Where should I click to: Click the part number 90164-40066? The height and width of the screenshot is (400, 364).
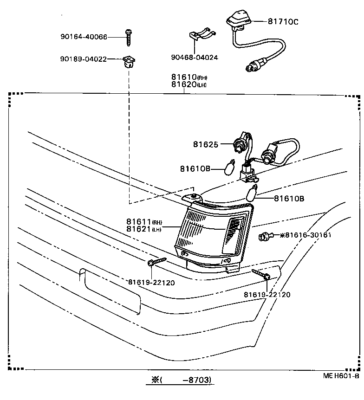tap(84, 37)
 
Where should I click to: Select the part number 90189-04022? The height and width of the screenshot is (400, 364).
tap(84, 59)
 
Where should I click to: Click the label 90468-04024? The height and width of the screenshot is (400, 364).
tap(194, 58)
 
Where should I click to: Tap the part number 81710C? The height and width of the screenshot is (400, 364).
tap(283, 21)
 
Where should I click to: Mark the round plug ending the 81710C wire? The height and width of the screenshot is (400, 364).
tap(251, 68)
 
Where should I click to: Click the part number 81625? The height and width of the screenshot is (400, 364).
tap(206, 144)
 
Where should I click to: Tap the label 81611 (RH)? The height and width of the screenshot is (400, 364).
tap(143, 221)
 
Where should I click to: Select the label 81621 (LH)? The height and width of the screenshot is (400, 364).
tap(143, 229)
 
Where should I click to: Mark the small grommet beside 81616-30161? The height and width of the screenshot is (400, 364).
tap(265, 237)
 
